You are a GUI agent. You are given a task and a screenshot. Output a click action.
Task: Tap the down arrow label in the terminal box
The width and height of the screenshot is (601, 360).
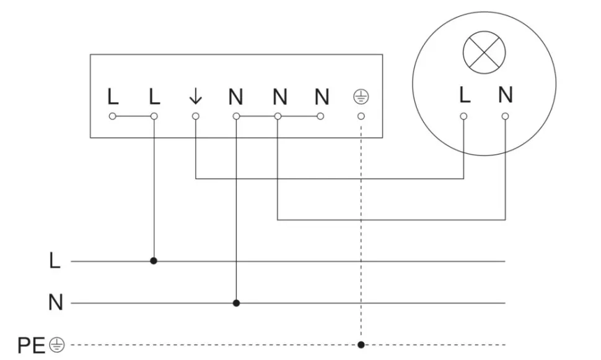coord(195,96)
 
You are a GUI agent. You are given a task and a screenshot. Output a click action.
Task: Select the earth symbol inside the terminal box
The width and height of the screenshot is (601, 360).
coord(361,96)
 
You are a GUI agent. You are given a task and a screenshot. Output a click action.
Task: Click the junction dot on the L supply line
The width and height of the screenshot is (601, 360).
coord(154,261)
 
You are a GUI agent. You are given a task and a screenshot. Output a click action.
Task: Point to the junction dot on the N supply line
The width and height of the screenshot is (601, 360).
coord(236,303)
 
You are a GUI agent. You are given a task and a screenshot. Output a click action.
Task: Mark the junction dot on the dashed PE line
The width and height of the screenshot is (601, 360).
coord(361,345)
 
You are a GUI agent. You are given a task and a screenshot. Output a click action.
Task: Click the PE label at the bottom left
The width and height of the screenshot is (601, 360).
coord(31,345)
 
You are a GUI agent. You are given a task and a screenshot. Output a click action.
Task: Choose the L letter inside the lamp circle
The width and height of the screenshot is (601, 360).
coord(464,95)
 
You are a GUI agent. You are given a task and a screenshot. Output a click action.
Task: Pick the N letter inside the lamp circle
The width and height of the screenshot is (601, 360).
coord(506,95)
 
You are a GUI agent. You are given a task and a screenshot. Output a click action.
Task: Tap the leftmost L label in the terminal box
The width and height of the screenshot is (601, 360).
coord(112,97)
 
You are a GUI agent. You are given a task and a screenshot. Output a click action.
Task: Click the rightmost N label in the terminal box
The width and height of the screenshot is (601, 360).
coord(321,97)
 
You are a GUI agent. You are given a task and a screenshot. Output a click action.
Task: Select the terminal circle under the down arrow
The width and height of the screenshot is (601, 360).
coord(195,116)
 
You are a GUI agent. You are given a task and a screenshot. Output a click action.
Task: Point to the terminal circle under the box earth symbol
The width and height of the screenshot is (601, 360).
coord(361,116)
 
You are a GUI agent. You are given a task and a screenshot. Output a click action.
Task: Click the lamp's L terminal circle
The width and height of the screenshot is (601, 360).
coord(464,116)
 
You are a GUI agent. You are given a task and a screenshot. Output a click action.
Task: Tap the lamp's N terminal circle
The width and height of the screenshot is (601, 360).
coord(506,116)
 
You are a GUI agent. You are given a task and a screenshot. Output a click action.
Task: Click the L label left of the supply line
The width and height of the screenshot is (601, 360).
coord(55,261)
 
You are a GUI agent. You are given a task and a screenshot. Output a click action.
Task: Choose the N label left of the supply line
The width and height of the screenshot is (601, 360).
coord(55,303)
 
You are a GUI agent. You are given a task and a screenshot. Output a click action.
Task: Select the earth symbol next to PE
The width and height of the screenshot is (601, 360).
coord(58,345)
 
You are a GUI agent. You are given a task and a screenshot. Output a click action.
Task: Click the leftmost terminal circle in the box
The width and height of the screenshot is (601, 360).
coord(112,116)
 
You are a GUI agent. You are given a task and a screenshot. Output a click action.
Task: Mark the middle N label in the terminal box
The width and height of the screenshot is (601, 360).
coord(279,97)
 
